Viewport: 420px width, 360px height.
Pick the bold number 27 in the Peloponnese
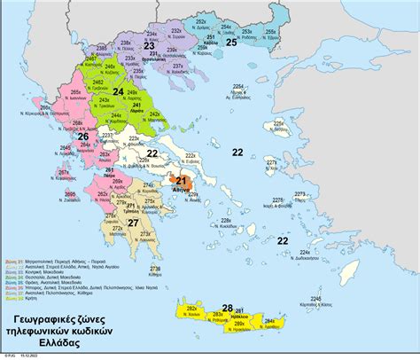pos(134,223)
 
